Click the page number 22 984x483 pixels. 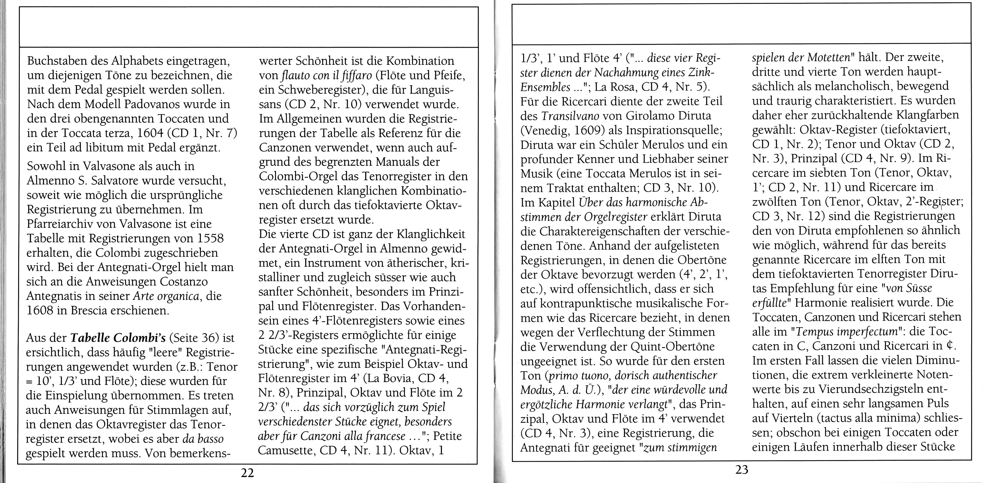click(247, 473)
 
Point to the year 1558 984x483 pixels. click(208, 238)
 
